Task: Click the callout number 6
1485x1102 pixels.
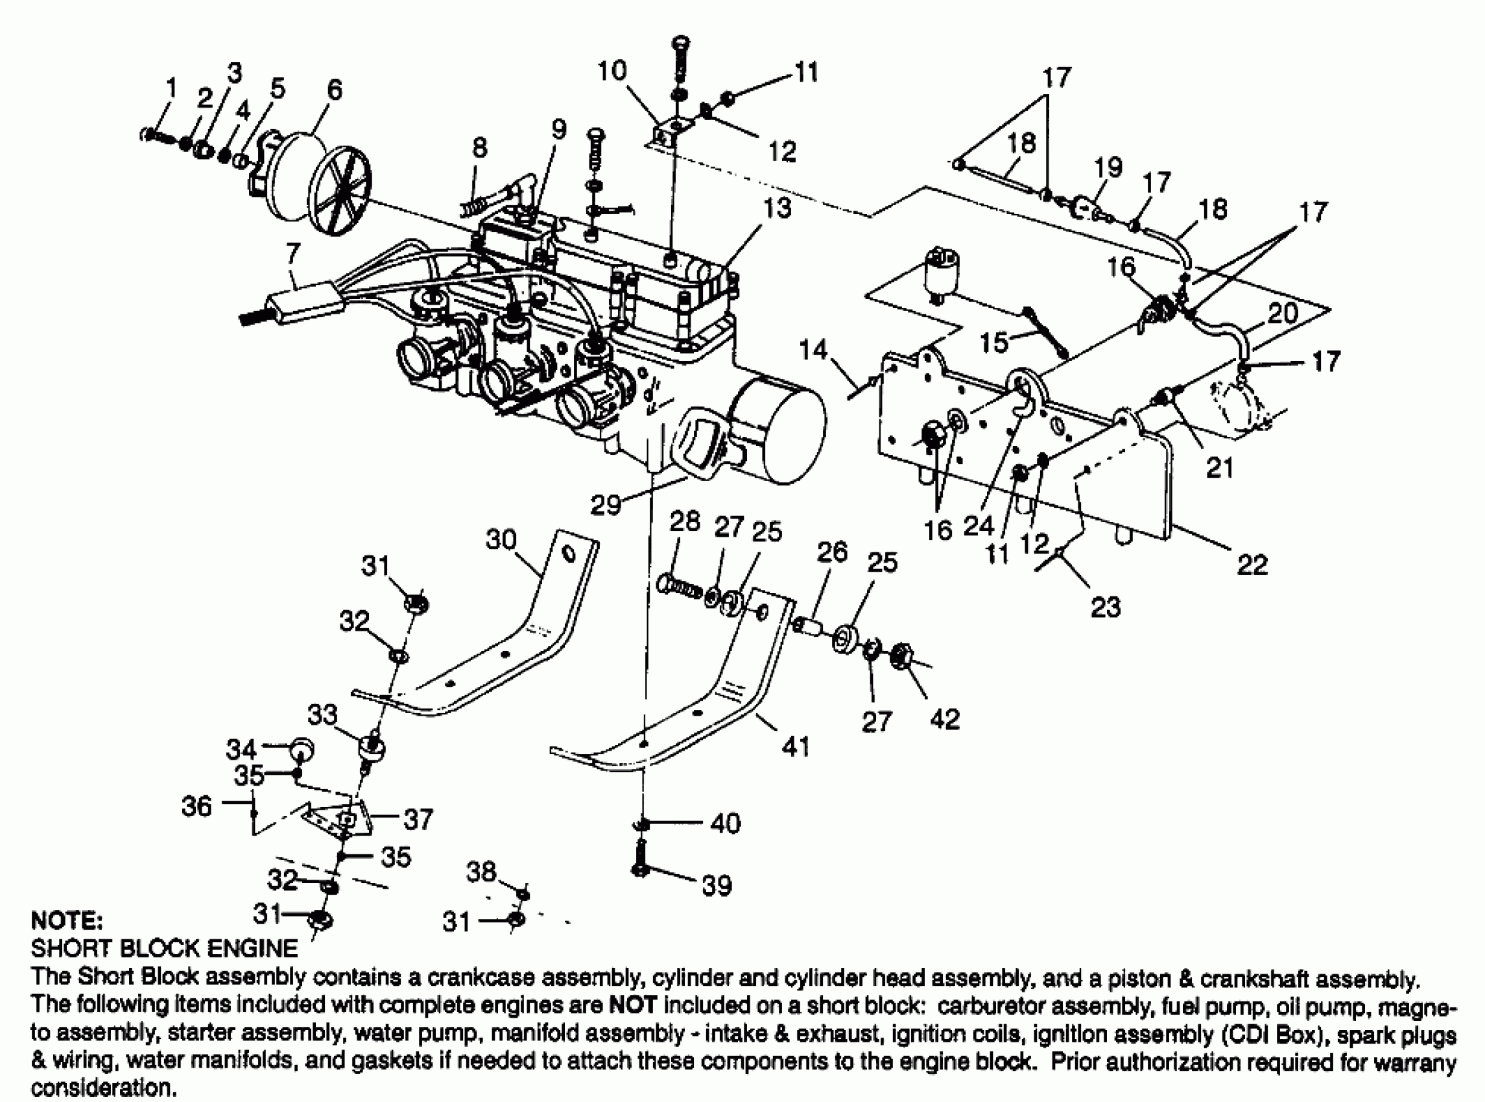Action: [x=334, y=89]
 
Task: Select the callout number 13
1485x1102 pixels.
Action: [x=776, y=208]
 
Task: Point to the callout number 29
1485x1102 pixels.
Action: [x=606, y=504]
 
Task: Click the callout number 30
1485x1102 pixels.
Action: [x=501, y=539]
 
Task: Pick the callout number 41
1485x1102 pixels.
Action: [x=795, y=745]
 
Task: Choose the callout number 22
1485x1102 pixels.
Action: [x=1252, y=565]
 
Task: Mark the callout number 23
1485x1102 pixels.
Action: [x=1106, y=607]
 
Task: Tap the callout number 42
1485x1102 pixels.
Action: [x=945, y=718]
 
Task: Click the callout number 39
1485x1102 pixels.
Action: [x=717, y=885]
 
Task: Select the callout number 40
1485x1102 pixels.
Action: [x=725, y=823]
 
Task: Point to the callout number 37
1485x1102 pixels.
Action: [x=418, y=819]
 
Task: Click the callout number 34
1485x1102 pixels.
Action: [x=241, y=749]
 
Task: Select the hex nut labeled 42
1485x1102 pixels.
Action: [x=902, y=653]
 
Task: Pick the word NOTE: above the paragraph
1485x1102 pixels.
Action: [x=67, y=921]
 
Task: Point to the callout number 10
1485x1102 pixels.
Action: [x=612, y=70]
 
